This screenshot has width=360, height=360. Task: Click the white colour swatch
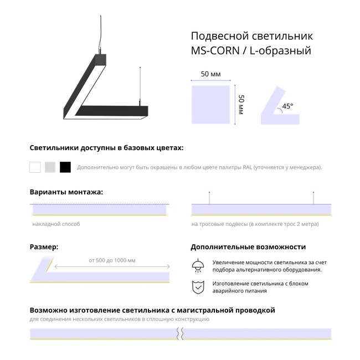pos(35,167)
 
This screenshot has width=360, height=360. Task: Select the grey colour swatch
pos(50,167)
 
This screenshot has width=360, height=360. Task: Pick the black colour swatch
pos(65,167)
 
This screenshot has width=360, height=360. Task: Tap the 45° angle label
pos(287,106)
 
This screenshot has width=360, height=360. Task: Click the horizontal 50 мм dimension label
pos(211,74)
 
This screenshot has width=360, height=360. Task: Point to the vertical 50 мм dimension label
pos(241,105)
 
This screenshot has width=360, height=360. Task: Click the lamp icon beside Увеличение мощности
pos(198,266)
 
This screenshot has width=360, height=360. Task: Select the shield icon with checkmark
pos(198,287)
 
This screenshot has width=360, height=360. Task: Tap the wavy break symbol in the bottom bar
pos(180,333)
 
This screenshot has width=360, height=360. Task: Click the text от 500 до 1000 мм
pos(112,260)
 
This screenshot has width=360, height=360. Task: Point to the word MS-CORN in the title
pos(215,50)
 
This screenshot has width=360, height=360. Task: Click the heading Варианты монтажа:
pos(66,192)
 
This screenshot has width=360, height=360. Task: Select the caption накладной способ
pos(56,224)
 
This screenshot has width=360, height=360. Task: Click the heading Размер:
pos(44,247)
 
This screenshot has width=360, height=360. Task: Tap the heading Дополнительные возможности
pos(248,247)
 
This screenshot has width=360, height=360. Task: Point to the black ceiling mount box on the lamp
pos(101,59)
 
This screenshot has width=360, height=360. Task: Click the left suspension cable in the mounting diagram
pos(209,198)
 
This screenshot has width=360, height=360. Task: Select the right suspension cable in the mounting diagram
pos(313,198)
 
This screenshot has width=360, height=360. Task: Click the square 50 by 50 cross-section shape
pos(211,105)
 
